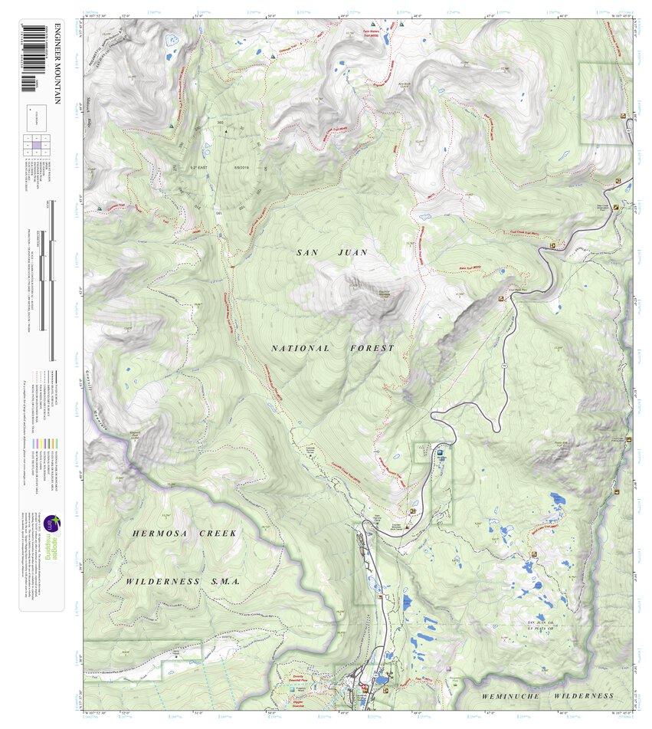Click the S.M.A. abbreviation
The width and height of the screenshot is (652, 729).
(225, 582)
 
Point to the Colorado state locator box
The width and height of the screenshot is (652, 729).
(40, 116)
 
